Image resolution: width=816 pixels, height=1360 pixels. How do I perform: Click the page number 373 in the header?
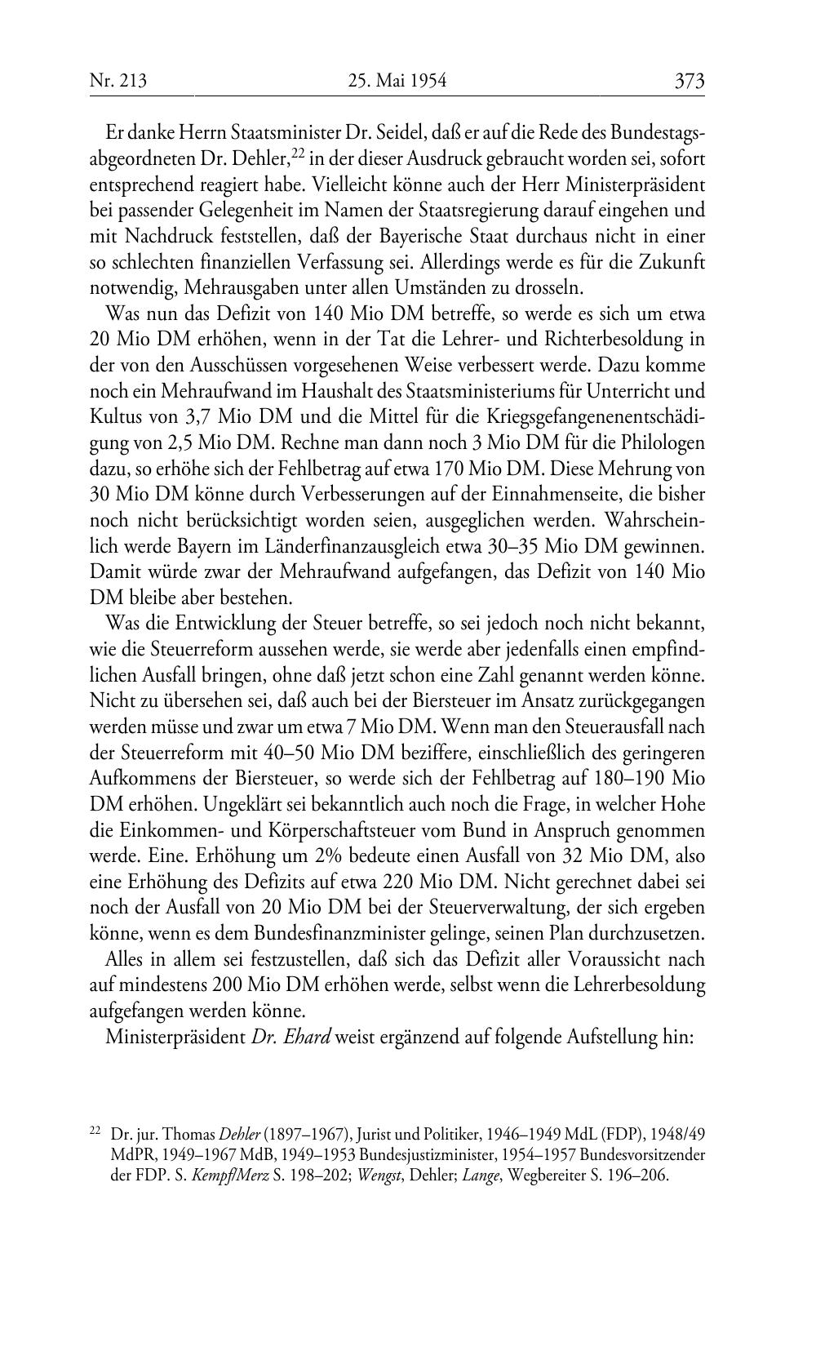[x=689, y=82]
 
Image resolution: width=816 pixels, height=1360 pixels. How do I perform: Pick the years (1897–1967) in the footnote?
[x=304, y=1135]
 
